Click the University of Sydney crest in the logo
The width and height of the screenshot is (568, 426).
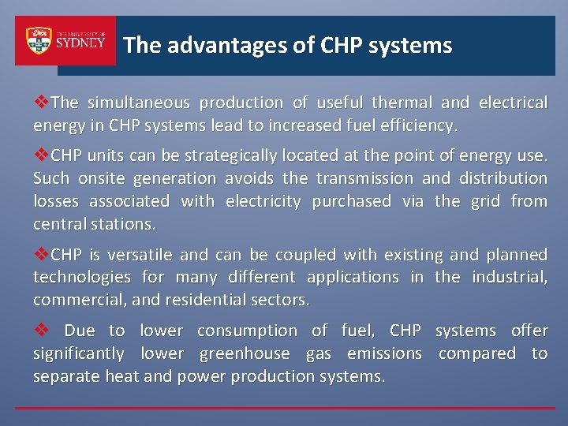pyautogui.click(x=38, y=41)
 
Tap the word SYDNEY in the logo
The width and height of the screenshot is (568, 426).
pyautogui.click(x=80, y=43)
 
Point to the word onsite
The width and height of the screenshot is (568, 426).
pyautogui.click(x=100, y=178)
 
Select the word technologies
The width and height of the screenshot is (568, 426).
pyautogui.click(x=82, y=277)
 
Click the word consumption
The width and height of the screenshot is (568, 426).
pyautogui.click(x=246, y=331)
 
